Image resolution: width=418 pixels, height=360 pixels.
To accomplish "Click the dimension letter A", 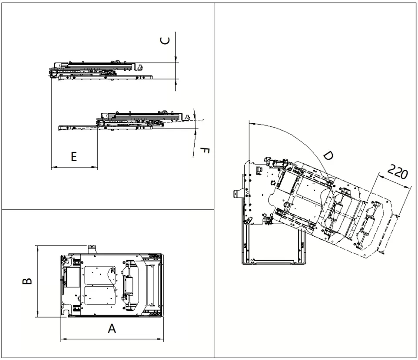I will (x=112, y=329).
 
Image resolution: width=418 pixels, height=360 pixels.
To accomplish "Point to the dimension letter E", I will (x=74, y=157).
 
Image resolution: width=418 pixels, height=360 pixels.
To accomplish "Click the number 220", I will (x=397, y=172).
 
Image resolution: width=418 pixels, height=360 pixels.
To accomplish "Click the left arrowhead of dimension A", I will (x=63, y=339).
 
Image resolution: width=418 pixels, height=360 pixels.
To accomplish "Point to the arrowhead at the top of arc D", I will (x=251, y=123).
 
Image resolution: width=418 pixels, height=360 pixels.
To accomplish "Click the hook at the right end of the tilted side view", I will (x=187, y=117).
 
